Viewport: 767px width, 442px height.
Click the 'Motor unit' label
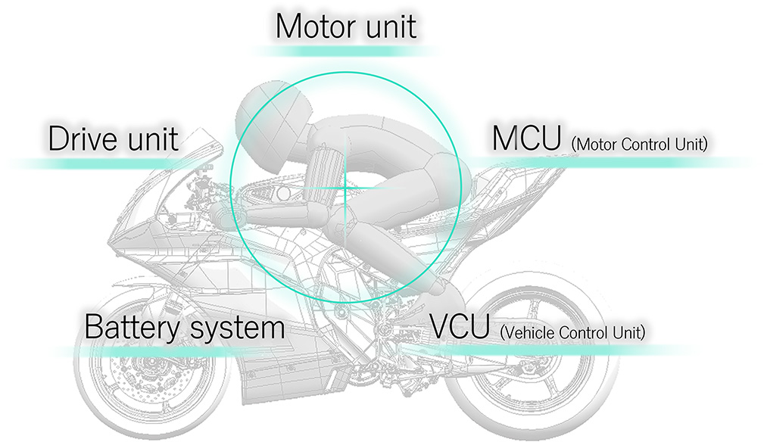click(346, 26)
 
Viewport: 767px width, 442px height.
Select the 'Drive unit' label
click(114, 139)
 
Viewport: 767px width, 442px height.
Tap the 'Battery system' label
click(185, 328)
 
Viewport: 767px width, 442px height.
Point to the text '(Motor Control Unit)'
click(640, 144)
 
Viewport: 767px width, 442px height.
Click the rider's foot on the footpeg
click(435, 287)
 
